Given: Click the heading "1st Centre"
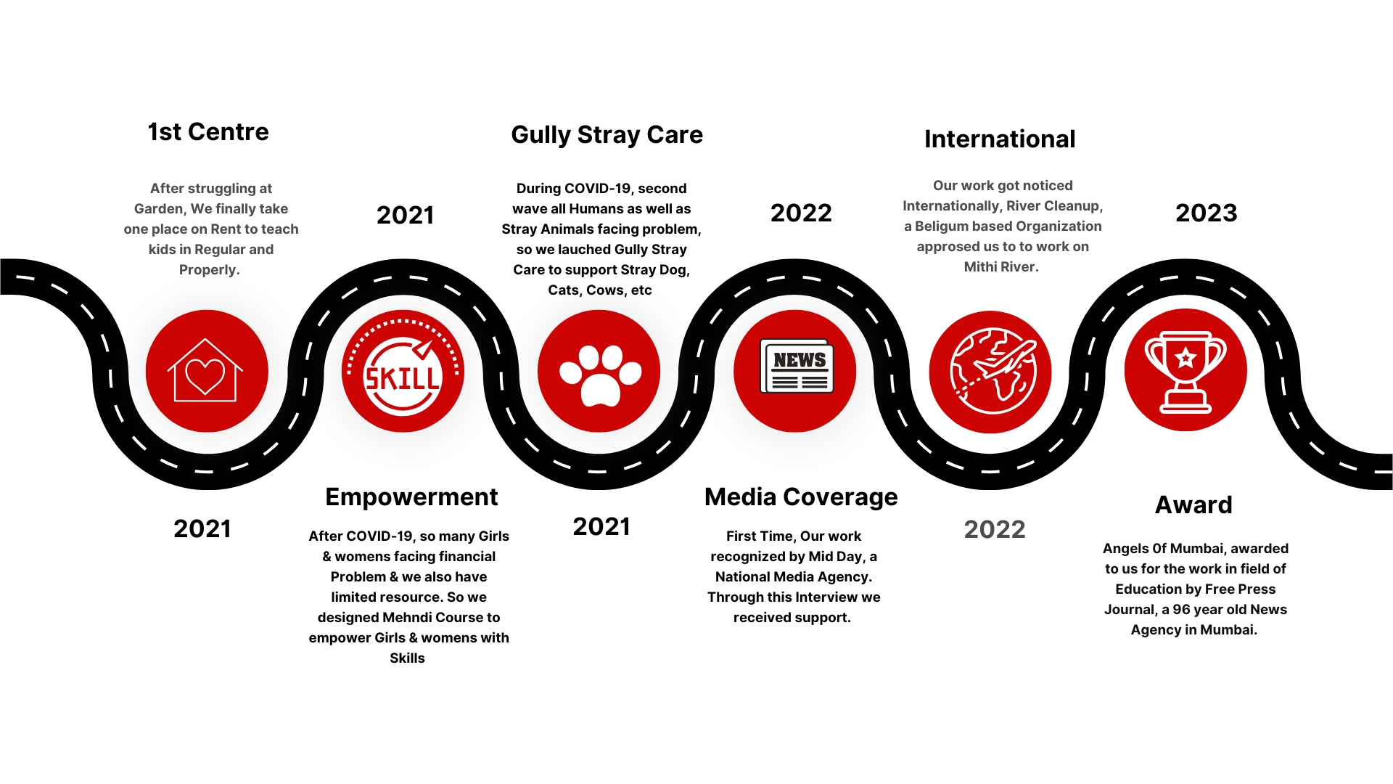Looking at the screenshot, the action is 208,132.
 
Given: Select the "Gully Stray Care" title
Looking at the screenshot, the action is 607,135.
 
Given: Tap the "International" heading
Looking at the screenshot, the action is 1000,139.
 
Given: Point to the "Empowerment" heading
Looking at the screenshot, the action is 411,497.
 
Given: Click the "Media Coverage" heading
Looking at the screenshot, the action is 801,497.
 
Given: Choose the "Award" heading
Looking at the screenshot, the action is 1193,505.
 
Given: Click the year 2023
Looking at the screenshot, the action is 1206,213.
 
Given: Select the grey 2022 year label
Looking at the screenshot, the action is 995,529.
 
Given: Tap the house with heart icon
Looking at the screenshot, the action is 205,370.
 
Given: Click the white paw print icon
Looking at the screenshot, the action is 600,375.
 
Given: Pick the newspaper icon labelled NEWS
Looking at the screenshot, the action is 797,366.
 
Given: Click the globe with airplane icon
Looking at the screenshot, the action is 993,372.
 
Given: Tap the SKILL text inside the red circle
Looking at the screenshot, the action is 403,378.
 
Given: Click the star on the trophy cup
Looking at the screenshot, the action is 1186,357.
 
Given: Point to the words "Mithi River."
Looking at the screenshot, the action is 1001,267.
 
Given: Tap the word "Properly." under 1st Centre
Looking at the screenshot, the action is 210,270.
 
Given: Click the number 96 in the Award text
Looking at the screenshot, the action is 1181,610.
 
